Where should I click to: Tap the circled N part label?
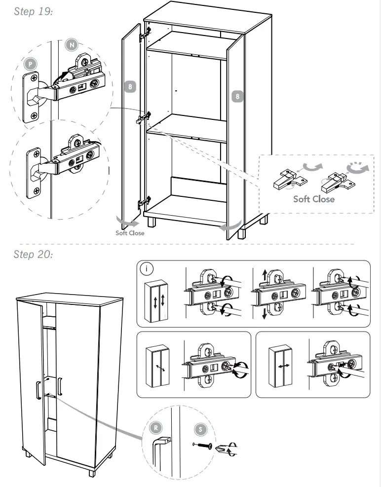pyautogui.click(x=72, y=45)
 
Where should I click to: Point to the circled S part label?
pyautogui.click(x=200, y=429)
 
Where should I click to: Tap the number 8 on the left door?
pyautogui.click(x=130, y=87)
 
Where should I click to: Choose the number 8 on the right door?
pyautogui.click(x=237, y=96)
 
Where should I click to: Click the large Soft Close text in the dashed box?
pyautogui.click(x=313, y=199)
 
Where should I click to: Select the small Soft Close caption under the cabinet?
pyautogui.click(x=130, y=233)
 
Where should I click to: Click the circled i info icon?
pyautogui.click(x=147, y=269)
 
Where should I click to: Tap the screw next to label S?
pyautogui.click(x=203, y=446)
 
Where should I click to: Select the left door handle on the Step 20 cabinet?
pyautogui.click(x=38, y=389)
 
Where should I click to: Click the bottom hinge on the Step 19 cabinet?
pyautogui.click(x=143, y=202)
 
